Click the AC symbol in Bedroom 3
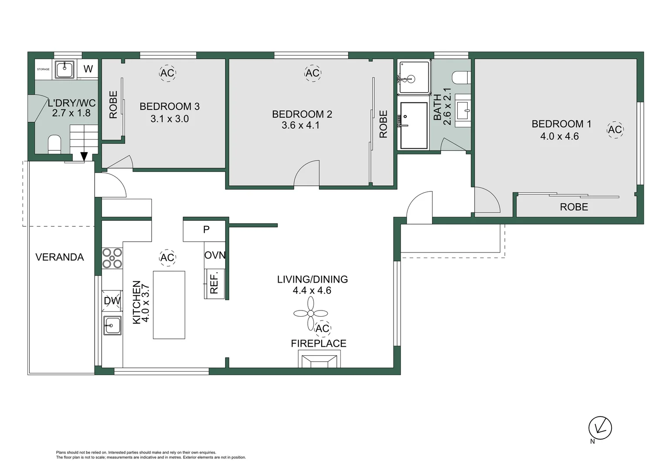(x=167, y=73)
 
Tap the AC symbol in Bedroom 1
(x=615, y=130)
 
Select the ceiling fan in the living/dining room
(x=310, y=313)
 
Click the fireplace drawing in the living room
(x=319, y=358)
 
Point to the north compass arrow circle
(x=600, y=428)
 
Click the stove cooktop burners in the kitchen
(x=112, y=258)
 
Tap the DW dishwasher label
(x=112, y=300)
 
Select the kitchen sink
(x=112, y=325)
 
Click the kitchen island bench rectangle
(x=169, y=305)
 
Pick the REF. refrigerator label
(x=214, y=282)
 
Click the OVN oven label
(x=215, y=255)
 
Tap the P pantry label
(x=206, y=229)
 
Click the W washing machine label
(x=88, y=69)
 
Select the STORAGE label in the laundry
(x=43, y=69)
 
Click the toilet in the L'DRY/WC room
(x=54, y=144)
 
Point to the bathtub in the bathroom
(x=414, y=125)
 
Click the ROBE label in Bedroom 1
(x=574, y=207)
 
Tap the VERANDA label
(x=59, y=257)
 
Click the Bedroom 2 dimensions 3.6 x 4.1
(x=301, y=125)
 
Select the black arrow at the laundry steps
(x=84, y=157)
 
